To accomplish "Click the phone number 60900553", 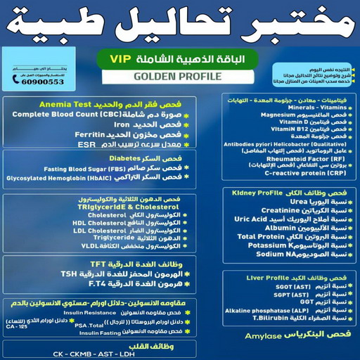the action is tap(38, 82).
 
